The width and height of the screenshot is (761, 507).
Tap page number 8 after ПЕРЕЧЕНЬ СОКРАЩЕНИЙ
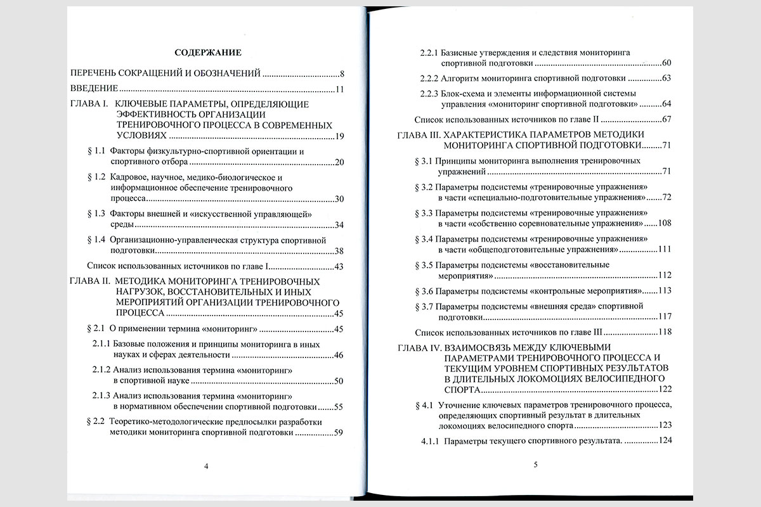click(341, 74)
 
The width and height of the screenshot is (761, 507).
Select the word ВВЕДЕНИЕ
click(94, 89)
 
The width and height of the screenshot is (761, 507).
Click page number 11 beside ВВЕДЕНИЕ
click(339, 89)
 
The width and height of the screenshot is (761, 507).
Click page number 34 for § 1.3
click(338, 224)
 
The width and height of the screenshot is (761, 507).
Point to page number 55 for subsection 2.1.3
click(337, 407)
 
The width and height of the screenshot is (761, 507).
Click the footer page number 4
click(205, 466)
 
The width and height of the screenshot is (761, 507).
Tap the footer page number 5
click(535, 465)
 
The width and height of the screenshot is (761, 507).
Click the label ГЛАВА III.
click(417, 135)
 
